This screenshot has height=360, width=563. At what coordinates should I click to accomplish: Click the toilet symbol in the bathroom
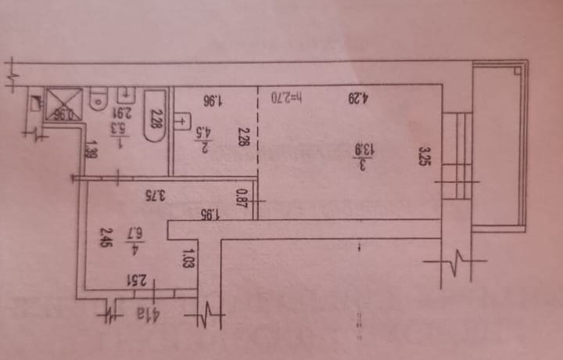[99, 99]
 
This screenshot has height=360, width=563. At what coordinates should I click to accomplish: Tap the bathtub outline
[155, 116]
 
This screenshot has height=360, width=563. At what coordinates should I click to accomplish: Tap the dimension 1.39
[91, 147]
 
